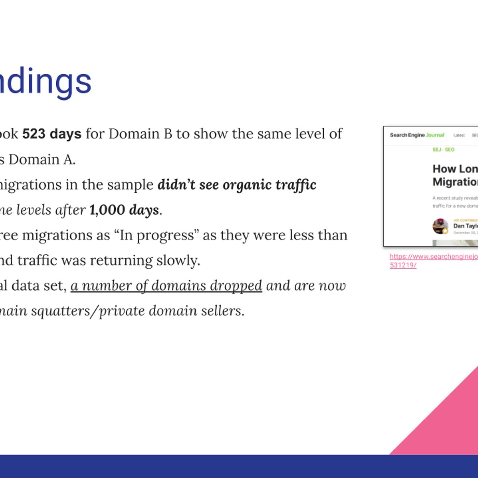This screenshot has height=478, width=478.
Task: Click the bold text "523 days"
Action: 52,134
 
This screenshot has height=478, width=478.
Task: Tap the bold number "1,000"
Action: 107,210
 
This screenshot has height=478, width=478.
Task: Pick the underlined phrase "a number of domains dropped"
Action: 166,286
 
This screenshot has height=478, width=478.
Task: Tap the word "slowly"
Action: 178,261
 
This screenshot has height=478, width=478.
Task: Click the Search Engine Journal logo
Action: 417,135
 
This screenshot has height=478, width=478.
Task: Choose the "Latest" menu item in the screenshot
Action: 459,136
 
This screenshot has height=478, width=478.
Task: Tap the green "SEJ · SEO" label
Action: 443,150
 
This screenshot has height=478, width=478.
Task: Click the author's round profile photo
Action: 440,226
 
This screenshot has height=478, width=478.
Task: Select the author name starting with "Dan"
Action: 465,226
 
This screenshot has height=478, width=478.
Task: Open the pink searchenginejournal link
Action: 434,256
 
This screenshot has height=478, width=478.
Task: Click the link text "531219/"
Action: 403,265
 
